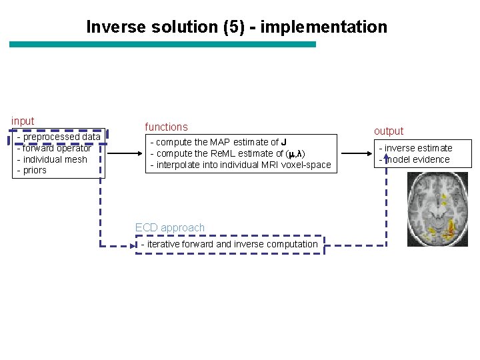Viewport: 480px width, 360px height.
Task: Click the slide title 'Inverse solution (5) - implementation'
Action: click(237, 27)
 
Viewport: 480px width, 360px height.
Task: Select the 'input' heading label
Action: click(23, 121)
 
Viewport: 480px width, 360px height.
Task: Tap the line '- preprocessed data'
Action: click(59, 137)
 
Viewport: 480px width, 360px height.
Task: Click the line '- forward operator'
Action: click(54, 148)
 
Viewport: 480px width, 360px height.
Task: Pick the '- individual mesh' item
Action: click(52, 159)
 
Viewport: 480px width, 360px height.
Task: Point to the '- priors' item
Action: click(32, 171)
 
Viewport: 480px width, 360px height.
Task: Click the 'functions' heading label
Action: click(166, 127)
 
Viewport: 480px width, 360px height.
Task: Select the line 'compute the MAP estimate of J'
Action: click(219, 142)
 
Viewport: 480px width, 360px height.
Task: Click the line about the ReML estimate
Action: click(227, 153)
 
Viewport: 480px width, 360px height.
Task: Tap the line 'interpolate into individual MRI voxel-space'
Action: click(240, 165)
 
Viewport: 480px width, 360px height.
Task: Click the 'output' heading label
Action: click(389, 131)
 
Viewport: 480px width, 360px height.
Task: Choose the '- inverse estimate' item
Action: click(416, 148)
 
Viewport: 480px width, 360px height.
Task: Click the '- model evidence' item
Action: click(415, 159)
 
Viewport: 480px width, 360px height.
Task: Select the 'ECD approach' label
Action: click(170, 227)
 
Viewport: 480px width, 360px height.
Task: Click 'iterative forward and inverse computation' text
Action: click(230, 244)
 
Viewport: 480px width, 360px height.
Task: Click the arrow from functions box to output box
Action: click(354, 153)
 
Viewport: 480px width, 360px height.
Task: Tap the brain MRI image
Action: click(433, 209)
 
